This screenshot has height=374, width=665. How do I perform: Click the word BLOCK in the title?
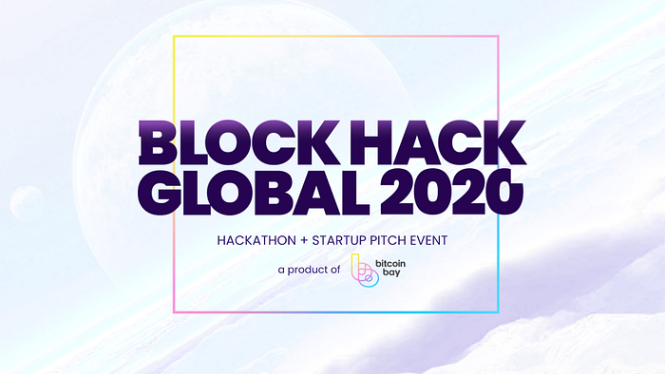[x=238, y=142]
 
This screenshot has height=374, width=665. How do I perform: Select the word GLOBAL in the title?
[x=254, y=193]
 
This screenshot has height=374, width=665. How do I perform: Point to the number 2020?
[x=451, y=193]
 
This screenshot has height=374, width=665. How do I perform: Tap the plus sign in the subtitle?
[x=304, y=240]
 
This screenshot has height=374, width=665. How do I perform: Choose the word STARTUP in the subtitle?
[x=339, y=240]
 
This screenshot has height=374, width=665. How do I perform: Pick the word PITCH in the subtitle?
[x=388, y=240]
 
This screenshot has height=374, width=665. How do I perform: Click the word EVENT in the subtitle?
[x=428, y=240]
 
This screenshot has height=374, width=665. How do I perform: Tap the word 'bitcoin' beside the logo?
[x=390, y=264]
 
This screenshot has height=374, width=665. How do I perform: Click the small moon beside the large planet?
[x=28, y=204]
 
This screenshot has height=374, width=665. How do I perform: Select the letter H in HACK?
[x=375, y=142]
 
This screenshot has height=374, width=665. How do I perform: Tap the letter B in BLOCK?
[x=158, y=142]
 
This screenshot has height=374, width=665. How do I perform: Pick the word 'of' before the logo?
[x=335, y=270]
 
